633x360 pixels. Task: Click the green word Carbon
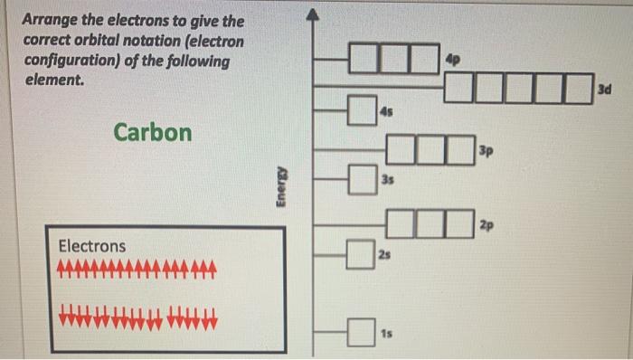point(153,132)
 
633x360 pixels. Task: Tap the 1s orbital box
point(361,332)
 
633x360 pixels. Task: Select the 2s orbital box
point(361,254)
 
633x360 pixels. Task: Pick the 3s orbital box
point(363,180)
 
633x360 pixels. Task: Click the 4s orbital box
point(362,110)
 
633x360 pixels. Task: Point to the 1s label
point(386,334)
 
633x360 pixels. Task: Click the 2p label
point(487,225)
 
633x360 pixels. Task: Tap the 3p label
point(487,151)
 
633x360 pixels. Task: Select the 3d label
point(604,90)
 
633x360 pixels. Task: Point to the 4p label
point(452,60)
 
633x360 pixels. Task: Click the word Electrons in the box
point(92,246)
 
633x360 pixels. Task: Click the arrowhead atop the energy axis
point(313,14)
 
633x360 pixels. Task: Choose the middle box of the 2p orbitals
point(430,223)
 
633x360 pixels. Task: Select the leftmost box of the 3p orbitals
point(401,150)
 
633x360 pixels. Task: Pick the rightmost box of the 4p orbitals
point(425,59)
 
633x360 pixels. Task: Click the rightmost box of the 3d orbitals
point(579,89)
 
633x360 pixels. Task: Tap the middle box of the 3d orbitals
point(519,89)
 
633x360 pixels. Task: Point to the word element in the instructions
point(54,80)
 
